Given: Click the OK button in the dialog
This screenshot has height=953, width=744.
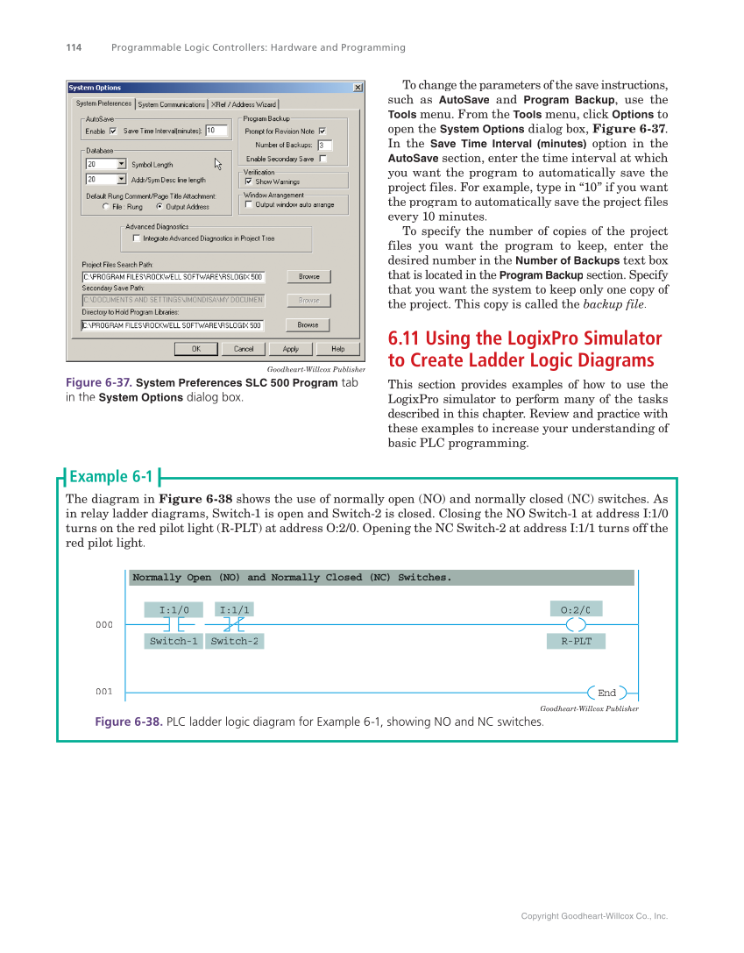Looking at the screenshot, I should [x=196, y=349].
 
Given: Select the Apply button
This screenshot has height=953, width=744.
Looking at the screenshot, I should [x=290, y=349].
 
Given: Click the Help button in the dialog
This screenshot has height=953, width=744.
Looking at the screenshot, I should [x=337, y=349].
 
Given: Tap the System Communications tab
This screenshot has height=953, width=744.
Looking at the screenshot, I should [x=172, y=104].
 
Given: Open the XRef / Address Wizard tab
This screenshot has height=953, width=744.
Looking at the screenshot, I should [x=244, y=104].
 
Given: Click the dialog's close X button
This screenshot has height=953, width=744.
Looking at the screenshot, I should [x=358, y=88].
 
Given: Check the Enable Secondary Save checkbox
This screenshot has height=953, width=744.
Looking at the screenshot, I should [x=322, y=159].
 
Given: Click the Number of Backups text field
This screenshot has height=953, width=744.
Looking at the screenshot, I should [x=324, y=145].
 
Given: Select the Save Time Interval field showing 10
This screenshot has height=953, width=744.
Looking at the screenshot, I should [x=216, y=131].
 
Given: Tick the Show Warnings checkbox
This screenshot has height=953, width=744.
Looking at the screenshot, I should [x=249, y=181].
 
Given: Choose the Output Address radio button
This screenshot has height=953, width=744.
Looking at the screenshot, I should [x=159, y=207].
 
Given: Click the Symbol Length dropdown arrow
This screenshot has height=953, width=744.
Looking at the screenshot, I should [x=121, y=164].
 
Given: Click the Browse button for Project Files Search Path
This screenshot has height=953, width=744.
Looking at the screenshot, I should [x=308, y=276].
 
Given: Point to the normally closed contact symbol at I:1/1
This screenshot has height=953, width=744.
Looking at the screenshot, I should [x=234, y=624].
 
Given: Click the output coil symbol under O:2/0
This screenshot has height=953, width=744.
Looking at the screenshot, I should [x=576, y=624].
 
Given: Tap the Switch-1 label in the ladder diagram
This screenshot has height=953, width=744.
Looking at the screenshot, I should [x=174, y=641].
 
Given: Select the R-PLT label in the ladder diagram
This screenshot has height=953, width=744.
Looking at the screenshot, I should [x=576, y=641].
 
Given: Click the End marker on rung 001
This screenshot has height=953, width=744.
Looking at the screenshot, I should [x=606, y=693].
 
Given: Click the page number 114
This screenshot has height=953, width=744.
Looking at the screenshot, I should [x=74, y=47].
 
